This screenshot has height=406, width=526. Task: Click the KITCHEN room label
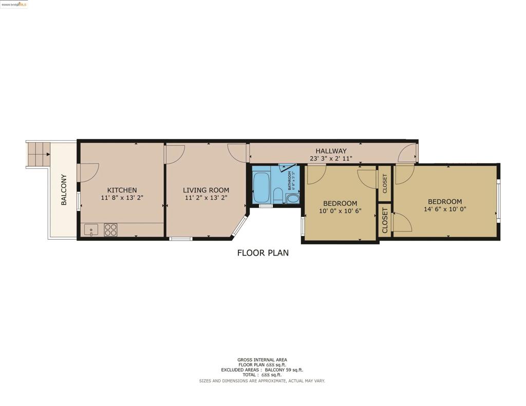click(x=122, y=190)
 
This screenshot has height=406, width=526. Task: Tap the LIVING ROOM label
click(x=206, y=190)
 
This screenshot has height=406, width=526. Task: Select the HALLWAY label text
click(x=331, y=151)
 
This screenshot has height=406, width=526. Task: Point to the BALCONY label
click(x=64, y=189)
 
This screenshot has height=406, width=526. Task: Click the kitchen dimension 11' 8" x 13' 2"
click(x=122, y=198)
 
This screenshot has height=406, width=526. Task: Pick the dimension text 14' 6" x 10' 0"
click(x=445, y=209)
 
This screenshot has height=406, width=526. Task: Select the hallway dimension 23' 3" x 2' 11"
click(x=331, y=159)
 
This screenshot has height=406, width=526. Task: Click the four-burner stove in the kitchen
click(x=110, y=229)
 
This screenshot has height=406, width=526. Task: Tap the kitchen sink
click(x=91, y=229)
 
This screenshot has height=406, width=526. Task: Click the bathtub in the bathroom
click(x=261, y=187)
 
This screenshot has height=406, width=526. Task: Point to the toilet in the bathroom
click(x=277, y=195)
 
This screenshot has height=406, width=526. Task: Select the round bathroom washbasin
click(x=292, y=198)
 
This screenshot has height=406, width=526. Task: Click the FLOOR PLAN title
click(x=262, y=253)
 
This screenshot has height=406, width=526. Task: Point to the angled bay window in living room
click(x=239, y=226)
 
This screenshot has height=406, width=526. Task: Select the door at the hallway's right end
click(x=410, y=152)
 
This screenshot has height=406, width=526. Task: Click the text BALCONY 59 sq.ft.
click(x=284, y=370)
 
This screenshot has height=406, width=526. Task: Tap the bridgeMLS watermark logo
click(x=14, y=4)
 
